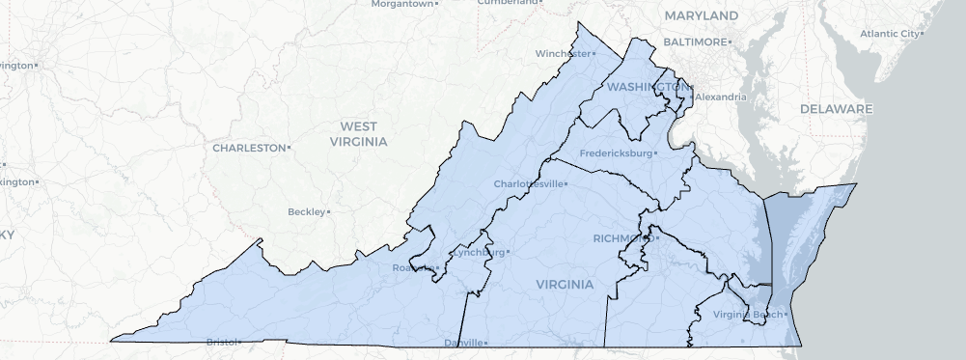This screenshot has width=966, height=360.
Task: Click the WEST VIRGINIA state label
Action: (x=358, y=133)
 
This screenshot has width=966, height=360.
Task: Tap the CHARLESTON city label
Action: (x=249, y=148)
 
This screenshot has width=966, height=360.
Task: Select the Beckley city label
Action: (x=306, y=211)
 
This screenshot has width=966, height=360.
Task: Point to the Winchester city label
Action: (x=563, y=53)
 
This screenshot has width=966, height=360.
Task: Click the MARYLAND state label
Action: (x=701, y=15)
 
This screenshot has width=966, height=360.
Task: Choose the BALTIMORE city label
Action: (x=694, y=42)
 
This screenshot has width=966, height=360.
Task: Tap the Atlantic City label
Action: (x=890, y=34)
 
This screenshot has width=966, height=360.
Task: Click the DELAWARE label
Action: (x=836, y=109)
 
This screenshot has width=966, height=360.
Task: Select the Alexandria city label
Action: (x=720, y=97)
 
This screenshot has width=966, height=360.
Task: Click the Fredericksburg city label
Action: (x=617, y=153)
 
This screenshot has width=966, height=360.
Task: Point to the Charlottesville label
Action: (x=527, y=183)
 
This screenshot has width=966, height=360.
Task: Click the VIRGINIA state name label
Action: (x=565, y=284)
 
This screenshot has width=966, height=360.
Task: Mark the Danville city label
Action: (x=463, y=343)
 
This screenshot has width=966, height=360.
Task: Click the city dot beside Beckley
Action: (x=329, y=211)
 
